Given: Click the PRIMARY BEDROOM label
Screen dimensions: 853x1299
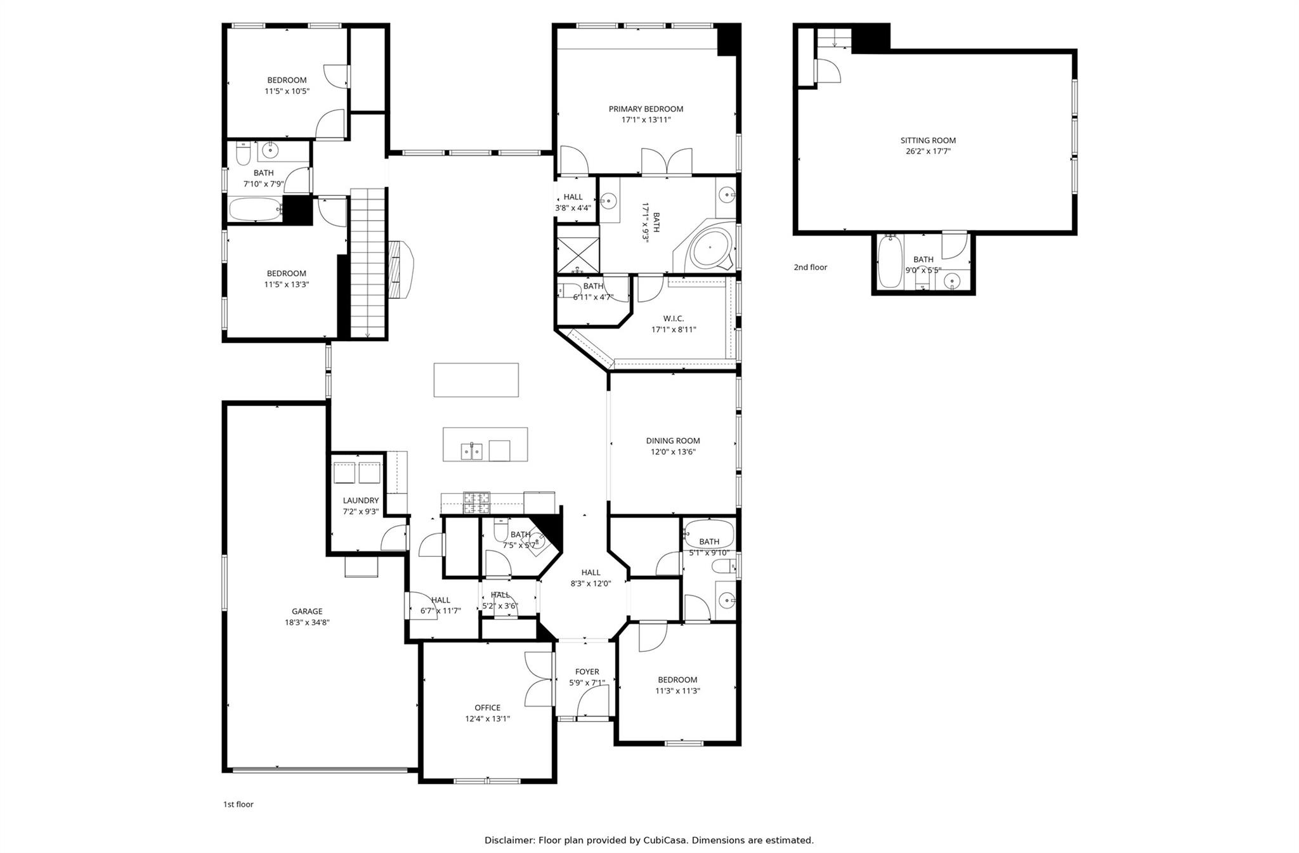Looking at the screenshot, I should click(x=646, y=109).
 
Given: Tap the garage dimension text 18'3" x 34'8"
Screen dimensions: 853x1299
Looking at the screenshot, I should click(x=307, y=623).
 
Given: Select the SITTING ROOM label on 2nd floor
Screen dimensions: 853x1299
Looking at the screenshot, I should click(x=928, y=141).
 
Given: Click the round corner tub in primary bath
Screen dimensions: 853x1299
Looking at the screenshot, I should click(x=709, y=249).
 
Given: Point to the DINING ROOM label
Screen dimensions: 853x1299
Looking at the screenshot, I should click(x=673, y=441).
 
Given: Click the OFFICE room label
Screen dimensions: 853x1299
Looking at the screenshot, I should click(x=487, y=708).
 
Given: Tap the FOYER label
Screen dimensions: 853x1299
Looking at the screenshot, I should click(x=587, y=672).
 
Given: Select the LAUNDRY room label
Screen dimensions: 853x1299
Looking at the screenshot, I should click(x=361, y=500).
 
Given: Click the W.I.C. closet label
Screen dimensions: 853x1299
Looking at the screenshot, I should click(x=674, y=318).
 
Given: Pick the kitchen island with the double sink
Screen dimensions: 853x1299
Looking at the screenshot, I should click(x=485, y=444).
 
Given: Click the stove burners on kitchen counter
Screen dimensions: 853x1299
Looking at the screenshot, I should click(x=476, y=502).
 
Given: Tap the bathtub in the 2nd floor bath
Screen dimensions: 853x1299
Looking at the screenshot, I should click(x=890, y=262).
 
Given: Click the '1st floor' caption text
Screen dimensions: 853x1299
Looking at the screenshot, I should click(x=238, y=804).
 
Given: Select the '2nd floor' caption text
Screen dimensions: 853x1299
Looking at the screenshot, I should click(x=810, y=267).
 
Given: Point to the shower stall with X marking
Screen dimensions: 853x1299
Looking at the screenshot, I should click(x=577, y=255).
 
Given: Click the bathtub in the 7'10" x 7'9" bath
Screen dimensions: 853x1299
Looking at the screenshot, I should click(x=255, y=209).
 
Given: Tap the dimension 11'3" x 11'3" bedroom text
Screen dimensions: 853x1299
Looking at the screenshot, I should click(x=677, y=691).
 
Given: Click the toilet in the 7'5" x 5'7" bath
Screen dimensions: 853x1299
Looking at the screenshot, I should click(x=500, y=531).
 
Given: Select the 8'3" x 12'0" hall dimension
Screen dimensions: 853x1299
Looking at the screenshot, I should click(x=591, y=583).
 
